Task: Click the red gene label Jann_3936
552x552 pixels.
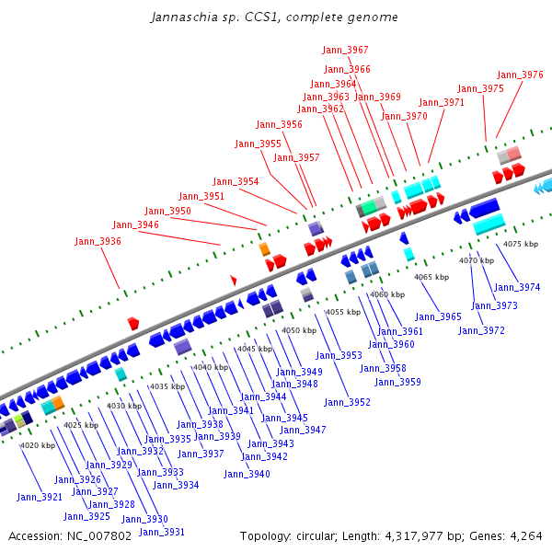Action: pyautogui.click(x=98, y=241)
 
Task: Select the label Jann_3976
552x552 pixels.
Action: pyautogui.click(x=520, y=75)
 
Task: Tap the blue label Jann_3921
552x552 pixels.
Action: pyautogui.click(x=40, y=497)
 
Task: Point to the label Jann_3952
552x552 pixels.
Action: pyautogui.click(x=347, y=402)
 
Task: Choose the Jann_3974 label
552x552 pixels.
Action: pyautogui.click(x=517, y=288)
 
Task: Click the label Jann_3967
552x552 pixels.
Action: pyautogui.click(x=345, y=50)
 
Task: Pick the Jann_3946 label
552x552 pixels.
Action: pyautogui.click(x=135, y=224)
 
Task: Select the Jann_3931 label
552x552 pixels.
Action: pyautogui.click(x=162, y=532)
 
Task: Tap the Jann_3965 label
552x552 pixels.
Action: pyautogui.click(x=438, y=316)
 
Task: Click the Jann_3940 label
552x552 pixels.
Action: pyautogui.click(x=247, y=474)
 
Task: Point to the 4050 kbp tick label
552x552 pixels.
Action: pyautogui.click(x=300, y=330)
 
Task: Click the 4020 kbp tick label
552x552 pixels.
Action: pyautogui.click(x=38, y=445)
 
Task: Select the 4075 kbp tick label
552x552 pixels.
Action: pyautogui.click(x=522, y=244)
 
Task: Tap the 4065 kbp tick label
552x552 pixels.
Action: pyautogui.click(x=431, y=277)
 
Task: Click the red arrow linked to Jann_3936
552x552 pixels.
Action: pyautogui.click(x=133, y=323)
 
